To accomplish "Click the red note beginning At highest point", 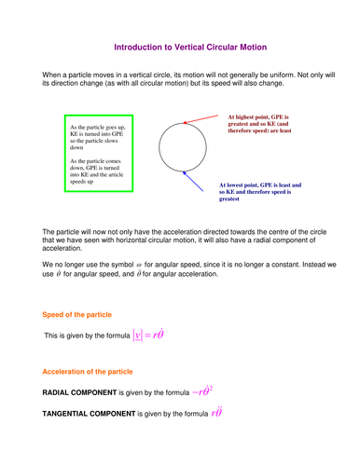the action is tap(266, 125).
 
